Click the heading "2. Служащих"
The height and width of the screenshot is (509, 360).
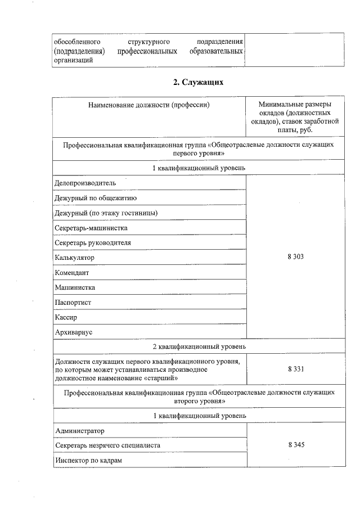[199, 83]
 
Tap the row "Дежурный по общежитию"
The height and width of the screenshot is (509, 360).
[95, 198]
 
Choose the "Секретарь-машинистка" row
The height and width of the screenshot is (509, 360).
[91, 228]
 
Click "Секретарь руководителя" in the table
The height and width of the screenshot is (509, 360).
[93, 242]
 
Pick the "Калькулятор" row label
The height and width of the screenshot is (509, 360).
[75, 258]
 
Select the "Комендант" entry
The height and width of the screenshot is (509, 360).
[72, 272]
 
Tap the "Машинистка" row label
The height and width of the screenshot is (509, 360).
[75, 287]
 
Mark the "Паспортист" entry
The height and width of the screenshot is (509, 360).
[73, 303]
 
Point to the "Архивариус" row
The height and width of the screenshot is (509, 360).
[74, 332]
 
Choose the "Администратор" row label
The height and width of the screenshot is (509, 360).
[80, 431]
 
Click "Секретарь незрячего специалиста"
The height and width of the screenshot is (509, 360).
[108, 445]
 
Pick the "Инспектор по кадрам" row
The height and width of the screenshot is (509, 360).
[89, 461]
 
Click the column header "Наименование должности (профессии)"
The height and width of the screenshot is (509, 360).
[149, 105]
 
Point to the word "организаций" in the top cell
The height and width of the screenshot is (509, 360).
[73, 61]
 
